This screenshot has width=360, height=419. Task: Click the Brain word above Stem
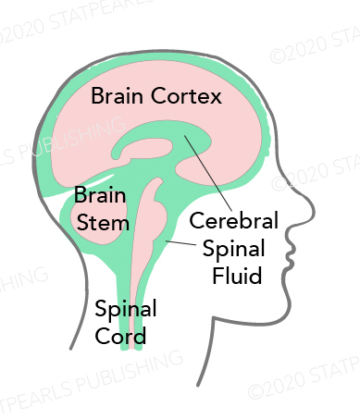(95, 196)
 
